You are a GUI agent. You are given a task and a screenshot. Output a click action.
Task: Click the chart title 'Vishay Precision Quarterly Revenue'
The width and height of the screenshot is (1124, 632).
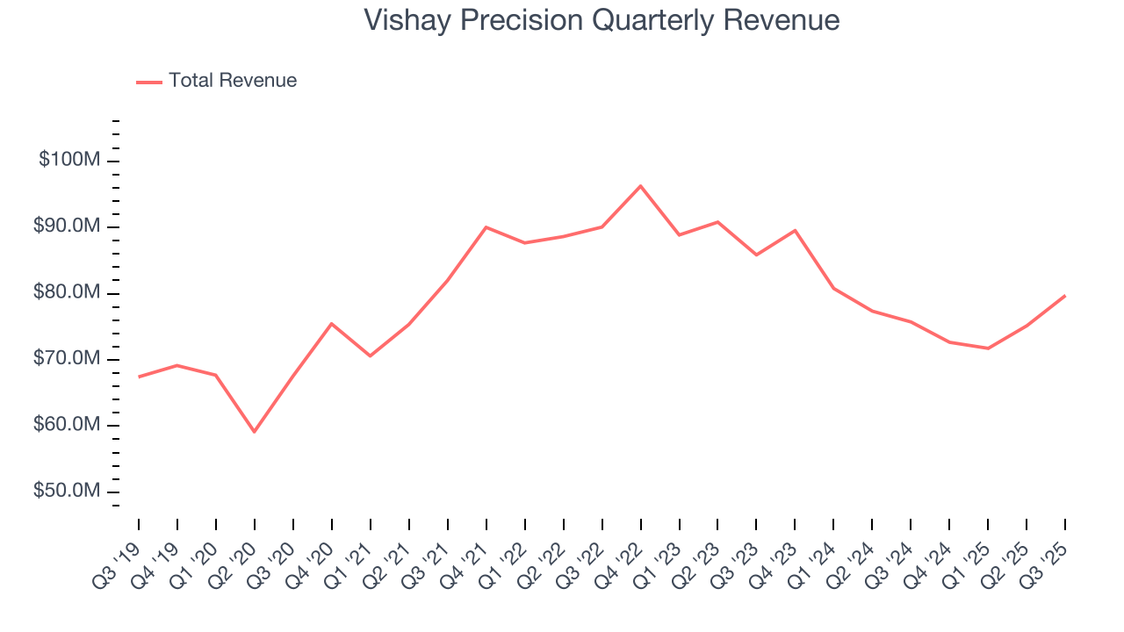click(602, 20)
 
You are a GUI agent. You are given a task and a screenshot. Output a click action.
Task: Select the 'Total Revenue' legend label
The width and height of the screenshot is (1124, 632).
click(233, 81)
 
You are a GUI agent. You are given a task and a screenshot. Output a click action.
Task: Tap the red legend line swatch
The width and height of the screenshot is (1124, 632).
click(149, 82)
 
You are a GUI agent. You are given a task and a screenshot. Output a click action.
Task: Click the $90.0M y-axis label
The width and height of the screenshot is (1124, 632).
click(68, 226)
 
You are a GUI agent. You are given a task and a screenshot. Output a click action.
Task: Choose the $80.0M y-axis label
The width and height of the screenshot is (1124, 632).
click(68, 292)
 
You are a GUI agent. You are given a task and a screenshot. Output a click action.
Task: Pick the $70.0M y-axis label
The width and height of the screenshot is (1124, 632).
click(68, 359)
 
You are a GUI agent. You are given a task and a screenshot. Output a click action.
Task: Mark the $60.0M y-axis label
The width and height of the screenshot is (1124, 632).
click(68, 425)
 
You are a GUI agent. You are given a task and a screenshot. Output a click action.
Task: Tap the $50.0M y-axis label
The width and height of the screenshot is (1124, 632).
click(68, 491)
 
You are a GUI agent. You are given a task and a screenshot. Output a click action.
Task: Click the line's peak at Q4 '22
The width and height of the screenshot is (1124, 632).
click(640, 186)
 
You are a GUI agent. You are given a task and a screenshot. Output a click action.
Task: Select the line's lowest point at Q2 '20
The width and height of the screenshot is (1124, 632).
click(255, 432)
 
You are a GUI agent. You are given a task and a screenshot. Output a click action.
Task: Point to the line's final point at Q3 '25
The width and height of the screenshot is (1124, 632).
click(1065, 296)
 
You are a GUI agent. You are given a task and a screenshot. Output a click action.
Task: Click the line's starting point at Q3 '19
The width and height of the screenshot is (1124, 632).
click(139, 377)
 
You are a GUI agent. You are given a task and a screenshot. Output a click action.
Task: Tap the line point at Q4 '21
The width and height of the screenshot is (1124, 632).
click(486, 227)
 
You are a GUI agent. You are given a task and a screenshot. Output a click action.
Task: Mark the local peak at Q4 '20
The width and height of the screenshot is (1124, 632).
click(332, 323)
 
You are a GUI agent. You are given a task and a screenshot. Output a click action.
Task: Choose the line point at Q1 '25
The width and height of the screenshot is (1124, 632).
click(988, 348)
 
